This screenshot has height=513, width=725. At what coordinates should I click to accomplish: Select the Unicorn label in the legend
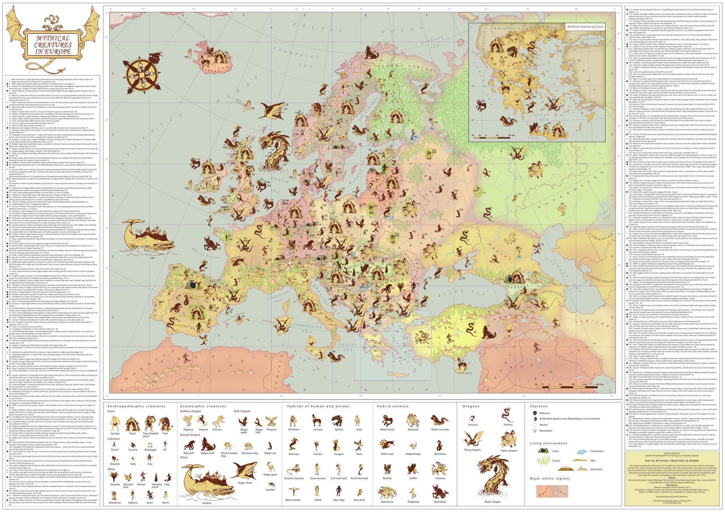[217, 430]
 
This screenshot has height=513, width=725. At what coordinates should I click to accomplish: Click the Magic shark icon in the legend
[245, 471]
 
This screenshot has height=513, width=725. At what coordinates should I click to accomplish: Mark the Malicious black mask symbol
[534, 413]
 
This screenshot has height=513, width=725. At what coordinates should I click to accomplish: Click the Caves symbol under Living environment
[543, 451]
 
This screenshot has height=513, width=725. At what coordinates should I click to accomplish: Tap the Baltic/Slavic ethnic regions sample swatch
[552, 492]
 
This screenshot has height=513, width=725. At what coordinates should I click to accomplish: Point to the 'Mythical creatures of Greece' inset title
[585, 26]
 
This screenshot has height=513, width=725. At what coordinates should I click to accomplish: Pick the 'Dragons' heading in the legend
[471, 406]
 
